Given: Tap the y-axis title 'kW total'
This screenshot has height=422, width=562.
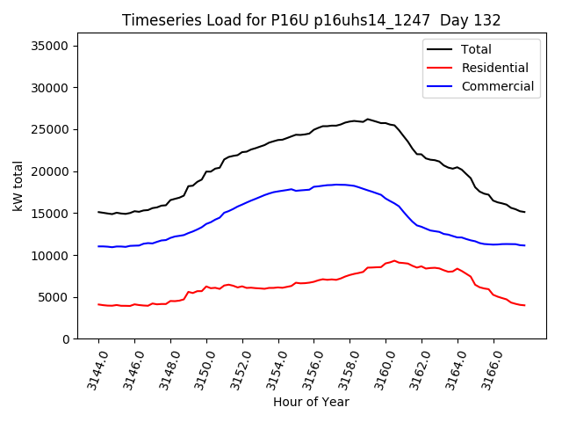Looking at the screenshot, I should [18, 186].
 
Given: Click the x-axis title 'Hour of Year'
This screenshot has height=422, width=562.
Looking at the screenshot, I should [311, 402].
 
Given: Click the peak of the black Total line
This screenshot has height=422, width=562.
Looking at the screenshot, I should [367, 119].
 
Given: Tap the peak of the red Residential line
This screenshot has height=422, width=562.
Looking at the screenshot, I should [395, 261].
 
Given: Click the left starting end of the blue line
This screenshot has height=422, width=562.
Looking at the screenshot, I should [98, 246].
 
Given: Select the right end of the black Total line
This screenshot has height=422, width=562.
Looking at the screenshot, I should [524, 212].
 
